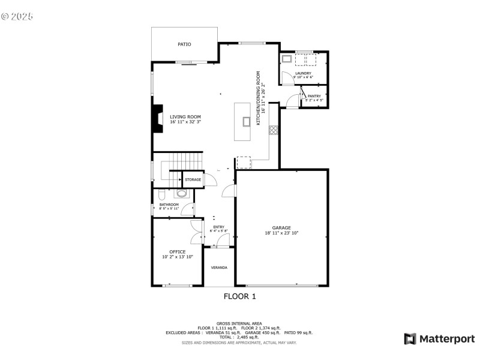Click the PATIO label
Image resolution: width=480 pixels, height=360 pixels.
(184, 44)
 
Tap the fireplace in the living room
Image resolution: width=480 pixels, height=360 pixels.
(157, 119)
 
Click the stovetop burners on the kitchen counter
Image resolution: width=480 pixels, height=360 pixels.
(273, 128)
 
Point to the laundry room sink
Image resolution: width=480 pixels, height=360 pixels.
(287, 59)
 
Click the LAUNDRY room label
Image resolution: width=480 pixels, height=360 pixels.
(303, 73)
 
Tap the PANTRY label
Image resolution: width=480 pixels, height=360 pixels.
(314, 96)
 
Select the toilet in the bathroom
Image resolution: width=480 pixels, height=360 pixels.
(161, 196)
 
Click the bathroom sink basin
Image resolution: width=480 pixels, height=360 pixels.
(181, 193)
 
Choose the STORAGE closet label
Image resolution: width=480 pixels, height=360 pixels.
(193, 179)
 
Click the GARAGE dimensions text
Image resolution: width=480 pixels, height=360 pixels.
(281, 233)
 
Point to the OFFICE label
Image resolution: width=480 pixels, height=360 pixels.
(177, 251)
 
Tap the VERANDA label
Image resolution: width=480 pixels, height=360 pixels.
(218, 267)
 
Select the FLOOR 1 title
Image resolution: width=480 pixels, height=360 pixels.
(239, 296)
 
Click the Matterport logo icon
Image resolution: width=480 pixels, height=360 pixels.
(410, 339)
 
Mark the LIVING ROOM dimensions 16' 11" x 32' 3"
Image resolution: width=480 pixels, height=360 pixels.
(185, 122)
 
